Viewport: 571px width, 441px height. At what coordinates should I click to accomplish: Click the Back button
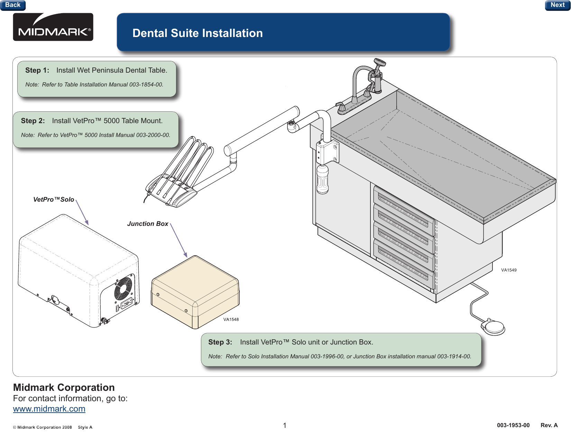tap(13, 5)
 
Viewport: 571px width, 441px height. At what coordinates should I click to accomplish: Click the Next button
tap(557, 5)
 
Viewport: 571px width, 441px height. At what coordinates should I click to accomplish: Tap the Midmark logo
tap(53, 27)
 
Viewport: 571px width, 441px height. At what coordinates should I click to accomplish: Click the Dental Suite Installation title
tap(197, 33)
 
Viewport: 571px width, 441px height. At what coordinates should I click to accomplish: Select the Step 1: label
tap(37, 70)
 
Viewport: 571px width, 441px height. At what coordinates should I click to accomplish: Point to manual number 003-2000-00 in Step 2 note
tap(153, 135)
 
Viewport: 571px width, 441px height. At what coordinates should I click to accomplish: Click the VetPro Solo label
tap(54, 200)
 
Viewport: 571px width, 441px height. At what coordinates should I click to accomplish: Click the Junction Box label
tap(148, 224)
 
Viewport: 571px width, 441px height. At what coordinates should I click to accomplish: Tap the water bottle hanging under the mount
tap(322, 179)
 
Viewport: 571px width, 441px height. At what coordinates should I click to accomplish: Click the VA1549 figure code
tap(508, 270)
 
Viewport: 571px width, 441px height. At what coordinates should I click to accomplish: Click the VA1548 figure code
tap(231, 320)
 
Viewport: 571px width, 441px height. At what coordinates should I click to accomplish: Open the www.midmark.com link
tap(49, 409)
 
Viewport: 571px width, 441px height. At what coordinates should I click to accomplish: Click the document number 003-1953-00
tap(513, 425)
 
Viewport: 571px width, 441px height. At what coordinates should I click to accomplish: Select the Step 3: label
tap(220, 342)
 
